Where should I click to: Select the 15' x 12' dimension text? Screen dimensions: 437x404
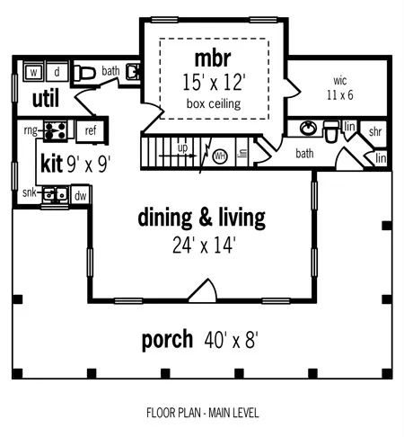(214, 82)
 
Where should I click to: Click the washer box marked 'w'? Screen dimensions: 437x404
(32, 71)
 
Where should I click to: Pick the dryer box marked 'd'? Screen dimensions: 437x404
(56, 71)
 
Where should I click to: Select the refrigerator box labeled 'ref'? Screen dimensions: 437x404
(90, 131)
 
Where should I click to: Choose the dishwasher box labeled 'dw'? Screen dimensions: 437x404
(80, 193)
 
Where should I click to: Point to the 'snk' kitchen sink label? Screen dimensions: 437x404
(30, 192)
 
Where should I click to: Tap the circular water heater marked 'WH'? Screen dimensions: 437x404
(220, 156)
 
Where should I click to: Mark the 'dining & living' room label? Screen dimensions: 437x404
(201, 217)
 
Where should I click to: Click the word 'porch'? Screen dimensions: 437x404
(168, 340)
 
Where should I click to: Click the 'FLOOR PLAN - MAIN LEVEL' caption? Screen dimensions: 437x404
(202, 414)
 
